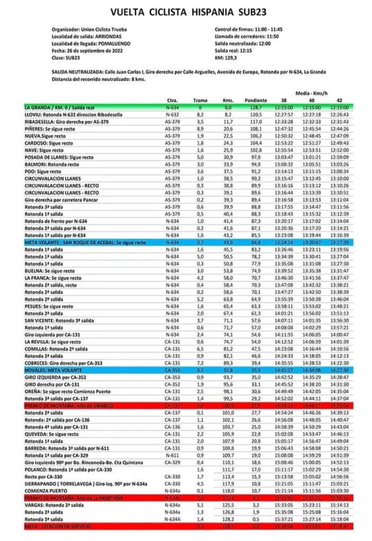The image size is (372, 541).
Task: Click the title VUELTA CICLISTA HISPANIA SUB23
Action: (x=186, y=12)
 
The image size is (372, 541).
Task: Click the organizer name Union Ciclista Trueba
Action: (x=105, y=29)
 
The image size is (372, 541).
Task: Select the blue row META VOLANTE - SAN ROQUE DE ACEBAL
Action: (x=87, y=242)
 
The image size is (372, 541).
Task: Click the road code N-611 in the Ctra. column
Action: (x=171, y=455)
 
